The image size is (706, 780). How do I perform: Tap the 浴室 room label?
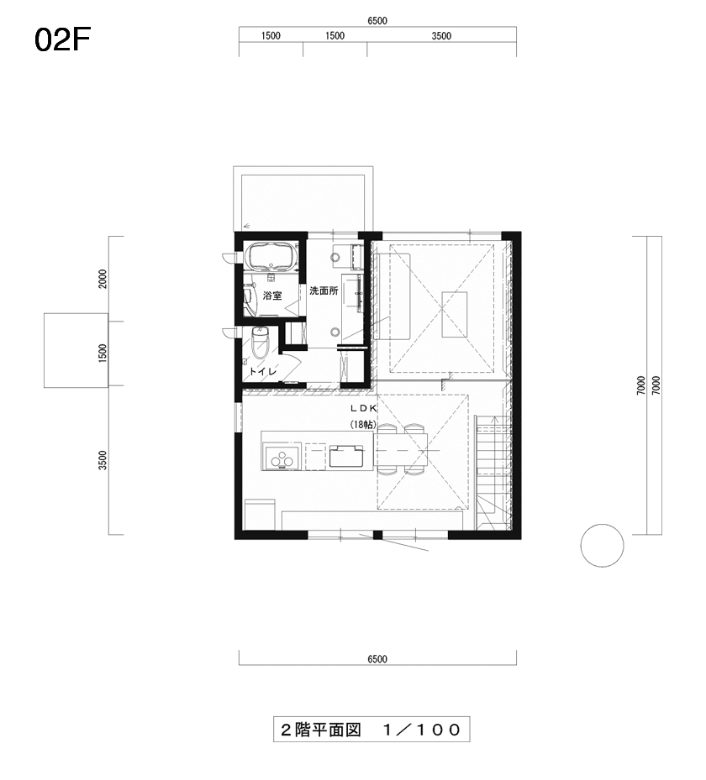click(x=272, y=296)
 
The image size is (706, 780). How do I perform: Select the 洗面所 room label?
click(x=324, y=291)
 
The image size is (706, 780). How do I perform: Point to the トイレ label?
click(x=262, y=372)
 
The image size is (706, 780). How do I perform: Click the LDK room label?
click(x=364, y=408)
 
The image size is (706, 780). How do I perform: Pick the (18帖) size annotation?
click(x=363, y=425)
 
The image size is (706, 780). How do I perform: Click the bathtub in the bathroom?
click(x=271, y=256)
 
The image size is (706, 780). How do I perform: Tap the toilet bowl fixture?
click(x=260, y=343)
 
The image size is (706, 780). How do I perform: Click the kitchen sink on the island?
click(x=345, y=456)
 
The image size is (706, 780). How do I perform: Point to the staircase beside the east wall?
click(x=492, y=471)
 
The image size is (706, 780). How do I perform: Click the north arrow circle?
click(x=602, y=545)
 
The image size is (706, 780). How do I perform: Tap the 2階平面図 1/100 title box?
click(x=371, y=730)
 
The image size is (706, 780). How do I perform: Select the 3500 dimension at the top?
click(x=441, y=36)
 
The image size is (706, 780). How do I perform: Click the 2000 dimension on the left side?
click(x=103, y=279)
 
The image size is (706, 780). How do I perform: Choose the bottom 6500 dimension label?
click(x=377, y=658)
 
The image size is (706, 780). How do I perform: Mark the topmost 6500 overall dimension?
click(x=377, y=20)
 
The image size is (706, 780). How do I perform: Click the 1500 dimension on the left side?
click(x=103, y=353)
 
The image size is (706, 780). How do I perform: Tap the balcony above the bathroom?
click(x=303, y=199)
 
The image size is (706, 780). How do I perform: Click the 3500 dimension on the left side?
click(x=103, y=460)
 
